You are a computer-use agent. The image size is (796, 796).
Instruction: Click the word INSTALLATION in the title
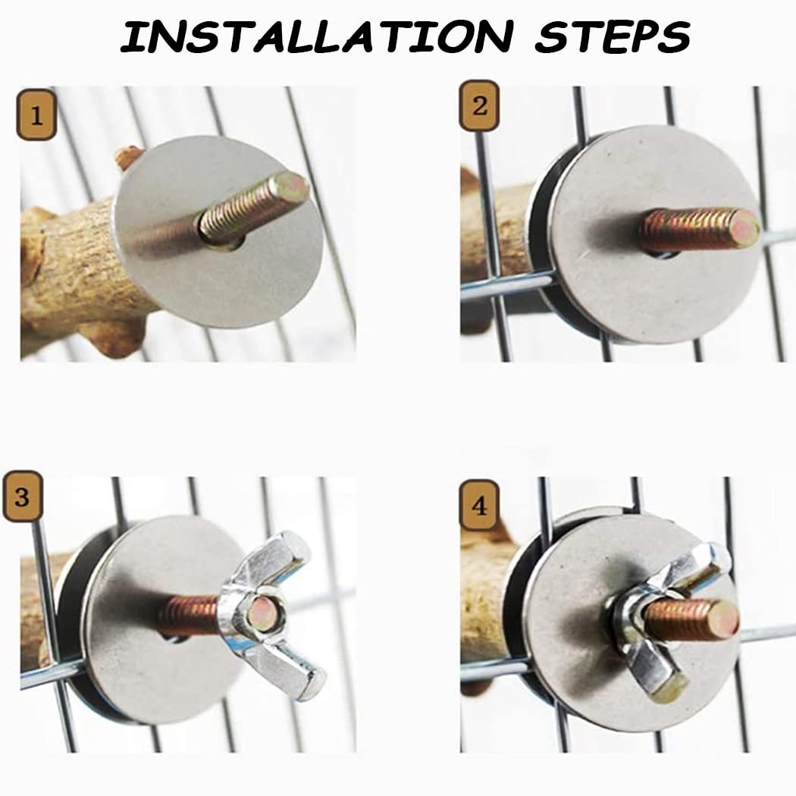click(x=317, y=36)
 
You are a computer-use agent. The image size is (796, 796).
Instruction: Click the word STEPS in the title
click(x=613, y=36)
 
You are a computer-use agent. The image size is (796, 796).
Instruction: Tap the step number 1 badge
click(x=36, y=114)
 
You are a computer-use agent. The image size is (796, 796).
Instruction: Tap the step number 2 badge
click(x=479, y=105)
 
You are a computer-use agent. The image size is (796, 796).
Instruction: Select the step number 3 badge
click(x=22, y=496)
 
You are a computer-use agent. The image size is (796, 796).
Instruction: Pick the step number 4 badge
click(x=479, y=505)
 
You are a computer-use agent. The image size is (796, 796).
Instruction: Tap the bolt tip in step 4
click(x=724, y=620)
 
